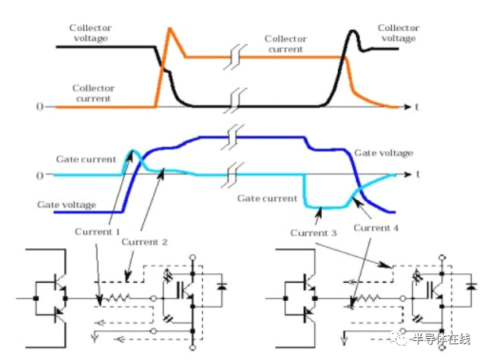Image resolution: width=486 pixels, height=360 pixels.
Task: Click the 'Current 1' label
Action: pos(97,231)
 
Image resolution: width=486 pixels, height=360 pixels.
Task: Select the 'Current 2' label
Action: pos(144,242)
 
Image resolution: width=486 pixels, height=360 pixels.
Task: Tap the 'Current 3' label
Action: pos(313,233)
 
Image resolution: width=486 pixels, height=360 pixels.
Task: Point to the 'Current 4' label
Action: pos(376,228)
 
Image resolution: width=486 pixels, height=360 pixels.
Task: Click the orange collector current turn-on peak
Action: pos(169,28)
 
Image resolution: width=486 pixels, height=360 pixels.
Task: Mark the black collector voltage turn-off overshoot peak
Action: pos(352,31)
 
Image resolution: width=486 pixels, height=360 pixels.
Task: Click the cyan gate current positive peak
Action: pos(133,151)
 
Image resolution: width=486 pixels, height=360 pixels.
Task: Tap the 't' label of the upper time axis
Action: pos(417,107)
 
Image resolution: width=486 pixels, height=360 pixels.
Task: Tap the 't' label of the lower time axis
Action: pos(418,175)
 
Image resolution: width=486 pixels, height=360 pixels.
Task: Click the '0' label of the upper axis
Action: pos(39,107)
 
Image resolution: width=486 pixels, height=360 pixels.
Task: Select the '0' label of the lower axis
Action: pos(39,175)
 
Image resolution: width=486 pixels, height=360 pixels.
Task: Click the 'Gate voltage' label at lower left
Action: pos(66,204)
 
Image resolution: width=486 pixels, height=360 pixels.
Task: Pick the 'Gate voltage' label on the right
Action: pos(383,153)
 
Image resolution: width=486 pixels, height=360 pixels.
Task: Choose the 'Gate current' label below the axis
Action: pos(267,199)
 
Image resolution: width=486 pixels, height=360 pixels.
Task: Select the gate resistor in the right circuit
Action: pos(368,298)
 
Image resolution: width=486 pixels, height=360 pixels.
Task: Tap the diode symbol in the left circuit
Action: pos(221,286)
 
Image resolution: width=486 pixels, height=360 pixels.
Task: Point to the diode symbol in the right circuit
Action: pos(471,286)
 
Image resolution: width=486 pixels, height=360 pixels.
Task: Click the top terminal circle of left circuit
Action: pos(193,257)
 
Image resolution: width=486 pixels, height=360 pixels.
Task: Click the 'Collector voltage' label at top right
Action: pos(398,33)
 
